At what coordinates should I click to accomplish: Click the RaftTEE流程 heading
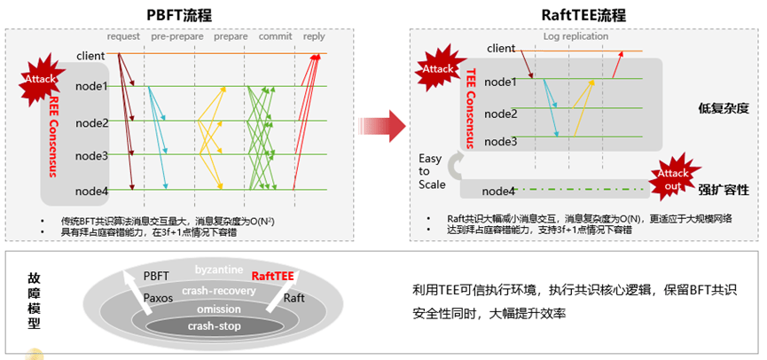(583, 15)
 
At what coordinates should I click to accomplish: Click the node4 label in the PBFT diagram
(92, 191)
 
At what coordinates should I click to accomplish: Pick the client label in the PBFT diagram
(91, 57)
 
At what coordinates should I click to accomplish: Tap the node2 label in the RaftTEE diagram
(501, 113)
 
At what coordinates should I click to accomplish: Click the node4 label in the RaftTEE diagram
(500, 191)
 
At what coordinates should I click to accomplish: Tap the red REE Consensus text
(53, 133)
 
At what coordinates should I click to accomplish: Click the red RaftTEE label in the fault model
(272, 276)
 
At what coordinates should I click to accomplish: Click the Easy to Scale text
(431, 171)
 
